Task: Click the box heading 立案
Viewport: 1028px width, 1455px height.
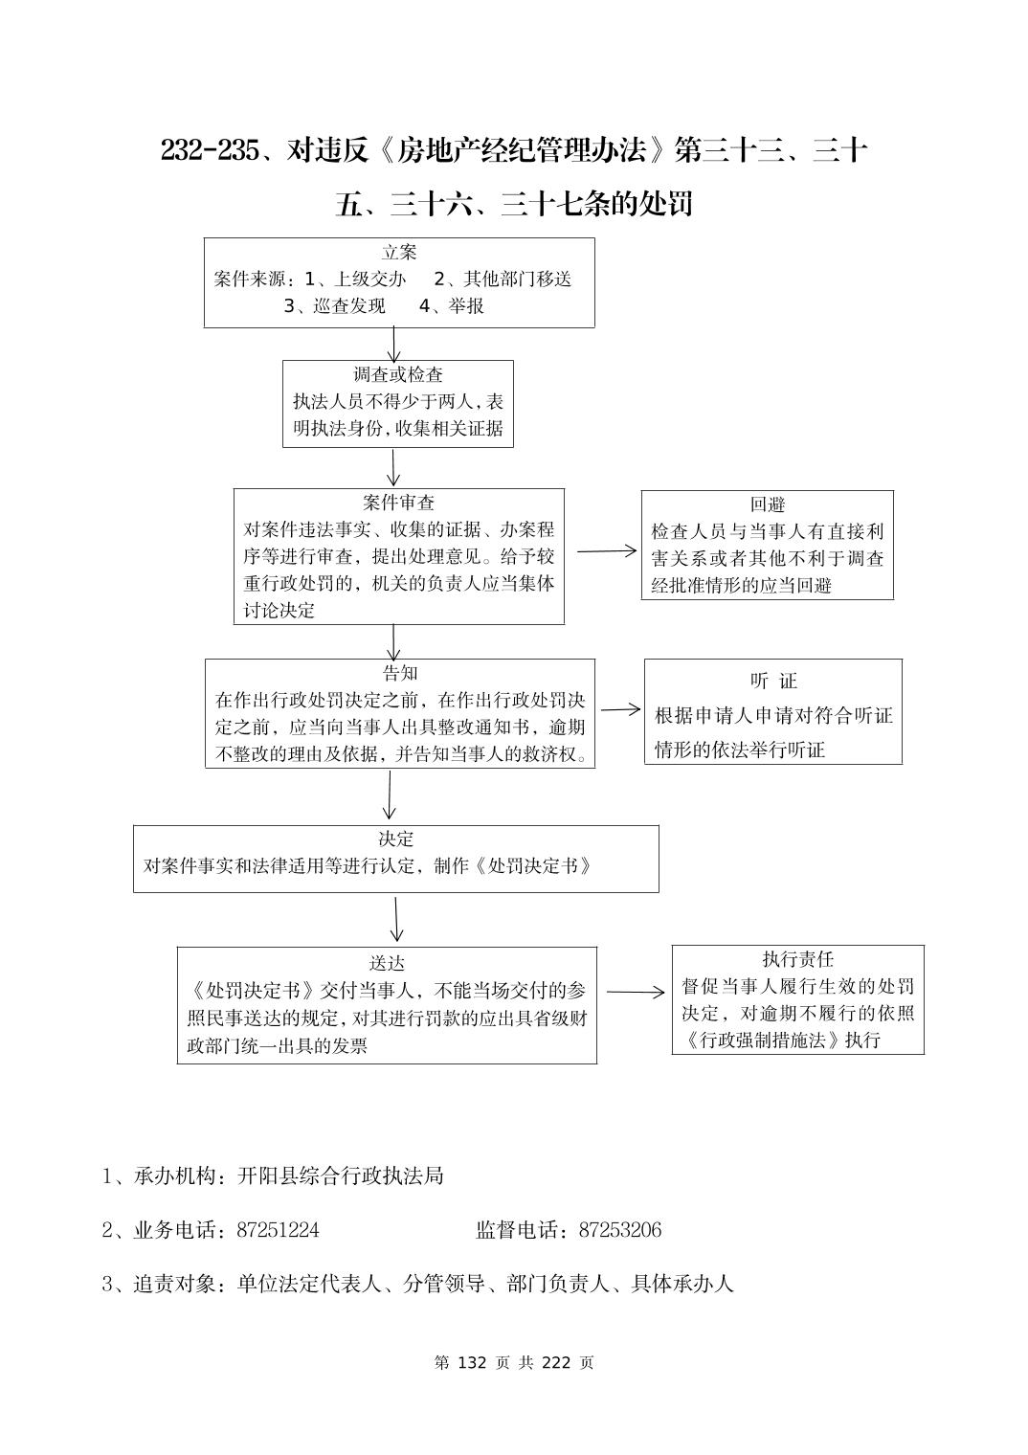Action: (399, 253)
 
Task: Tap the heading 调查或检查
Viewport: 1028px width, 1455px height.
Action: (398, 375)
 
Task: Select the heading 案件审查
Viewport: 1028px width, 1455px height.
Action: (398, 503)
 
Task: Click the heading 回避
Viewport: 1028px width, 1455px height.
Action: (767, 505)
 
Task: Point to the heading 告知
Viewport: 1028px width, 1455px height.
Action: (399, 674)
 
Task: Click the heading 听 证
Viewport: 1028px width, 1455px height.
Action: (773, 682)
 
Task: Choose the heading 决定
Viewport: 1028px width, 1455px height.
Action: (395, 839)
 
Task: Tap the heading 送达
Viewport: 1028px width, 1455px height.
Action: (387, 963)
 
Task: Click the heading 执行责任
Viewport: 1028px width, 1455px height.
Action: (797, 959)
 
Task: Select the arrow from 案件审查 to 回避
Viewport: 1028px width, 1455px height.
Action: (607, 550)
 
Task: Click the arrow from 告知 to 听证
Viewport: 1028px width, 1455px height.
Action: (620, 709)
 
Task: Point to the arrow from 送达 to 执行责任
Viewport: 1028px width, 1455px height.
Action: (635, 993)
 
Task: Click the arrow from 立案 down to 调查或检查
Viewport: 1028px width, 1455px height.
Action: (393, 344)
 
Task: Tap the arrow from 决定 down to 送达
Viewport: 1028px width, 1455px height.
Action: (396, 919)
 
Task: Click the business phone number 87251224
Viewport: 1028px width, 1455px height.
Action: (278, 1230)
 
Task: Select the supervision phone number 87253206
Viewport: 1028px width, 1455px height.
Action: (619, 1230)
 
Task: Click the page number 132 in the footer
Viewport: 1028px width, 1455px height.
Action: (474, 1362)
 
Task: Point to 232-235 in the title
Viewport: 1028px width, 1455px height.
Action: (210, 151)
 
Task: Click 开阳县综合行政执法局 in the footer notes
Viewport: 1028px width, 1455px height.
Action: (341, 1175)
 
